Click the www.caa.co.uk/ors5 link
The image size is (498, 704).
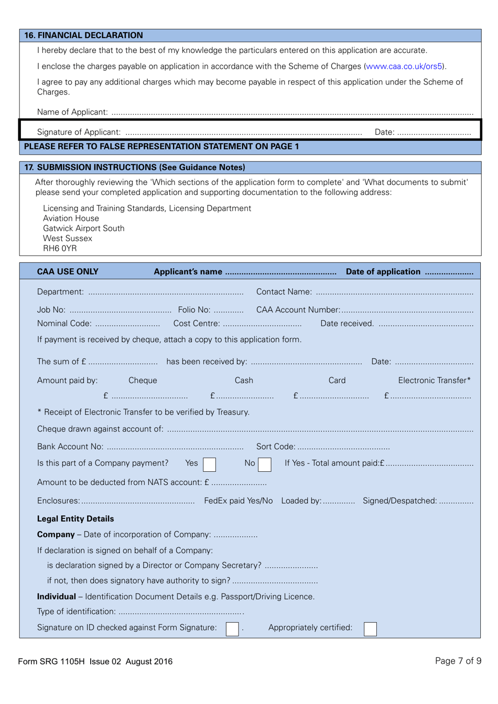click(404, 67)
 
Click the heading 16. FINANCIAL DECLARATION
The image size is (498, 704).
click(83, 36)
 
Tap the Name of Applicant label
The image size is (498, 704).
click(72, 112)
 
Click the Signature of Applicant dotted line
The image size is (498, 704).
click(244, 133)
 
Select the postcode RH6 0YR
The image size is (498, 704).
click(60, 248)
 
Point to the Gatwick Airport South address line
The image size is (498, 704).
click(84, 229)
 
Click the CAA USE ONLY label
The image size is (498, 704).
click(68, 272)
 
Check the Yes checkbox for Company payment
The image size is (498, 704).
click(209, 464)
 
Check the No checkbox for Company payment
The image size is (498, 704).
click(265, 464)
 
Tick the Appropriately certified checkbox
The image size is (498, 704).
click(370, 629)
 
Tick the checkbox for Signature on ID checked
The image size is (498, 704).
click(232, 629)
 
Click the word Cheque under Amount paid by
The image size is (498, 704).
click(143, 381)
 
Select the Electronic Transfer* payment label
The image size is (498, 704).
click(434, 381)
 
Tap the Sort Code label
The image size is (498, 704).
click(276, 447)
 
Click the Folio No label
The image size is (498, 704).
click(194, 310)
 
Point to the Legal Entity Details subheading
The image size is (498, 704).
click(75, 519)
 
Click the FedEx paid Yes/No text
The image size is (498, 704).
click(239, 501)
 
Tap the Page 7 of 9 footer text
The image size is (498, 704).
click(458, 661)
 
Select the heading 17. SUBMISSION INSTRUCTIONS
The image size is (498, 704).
click(135, 168)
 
